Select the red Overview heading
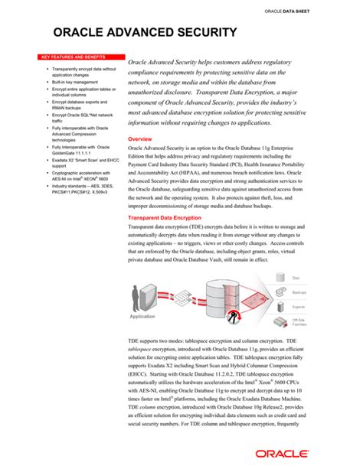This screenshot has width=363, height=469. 144,139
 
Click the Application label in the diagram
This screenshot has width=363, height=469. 142,315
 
